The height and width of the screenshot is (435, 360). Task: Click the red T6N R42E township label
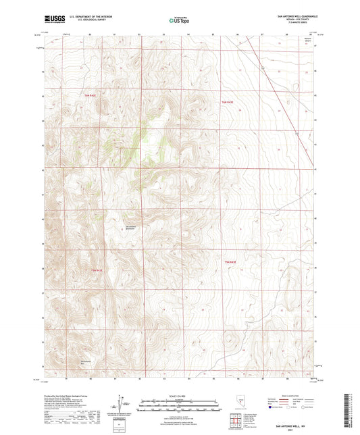click(91, 96)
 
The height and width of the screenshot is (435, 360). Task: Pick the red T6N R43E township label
click(228, 101)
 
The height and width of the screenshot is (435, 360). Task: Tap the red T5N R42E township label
click(97, 270)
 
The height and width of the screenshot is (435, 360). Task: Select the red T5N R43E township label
click(231, 261)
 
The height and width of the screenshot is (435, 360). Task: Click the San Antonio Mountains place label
click(131, 226)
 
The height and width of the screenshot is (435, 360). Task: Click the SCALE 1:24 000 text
click(179, 394)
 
